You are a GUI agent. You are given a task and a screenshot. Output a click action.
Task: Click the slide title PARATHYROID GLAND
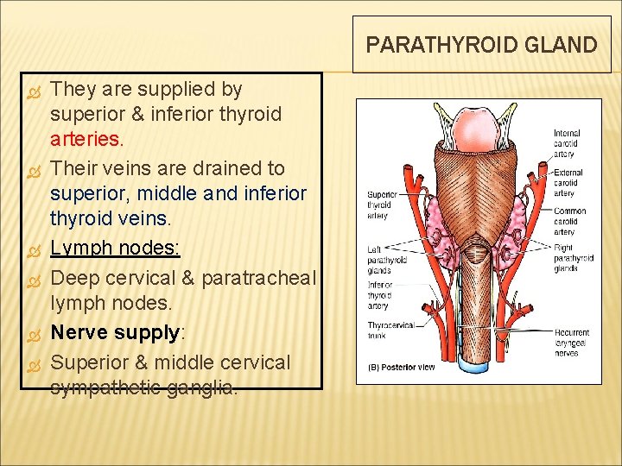click(481, 45)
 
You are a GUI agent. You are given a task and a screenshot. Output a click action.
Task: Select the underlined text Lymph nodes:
click(115, 249)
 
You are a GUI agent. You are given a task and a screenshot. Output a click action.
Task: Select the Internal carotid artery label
click(567, 143)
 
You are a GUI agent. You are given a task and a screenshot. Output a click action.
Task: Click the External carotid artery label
click(568, 182)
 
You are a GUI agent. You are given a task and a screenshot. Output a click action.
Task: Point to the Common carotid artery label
click(569, 221)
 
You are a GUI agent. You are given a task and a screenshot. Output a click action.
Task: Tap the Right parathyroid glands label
click(574, 258)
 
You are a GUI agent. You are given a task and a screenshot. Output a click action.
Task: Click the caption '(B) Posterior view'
click(402, 367)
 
